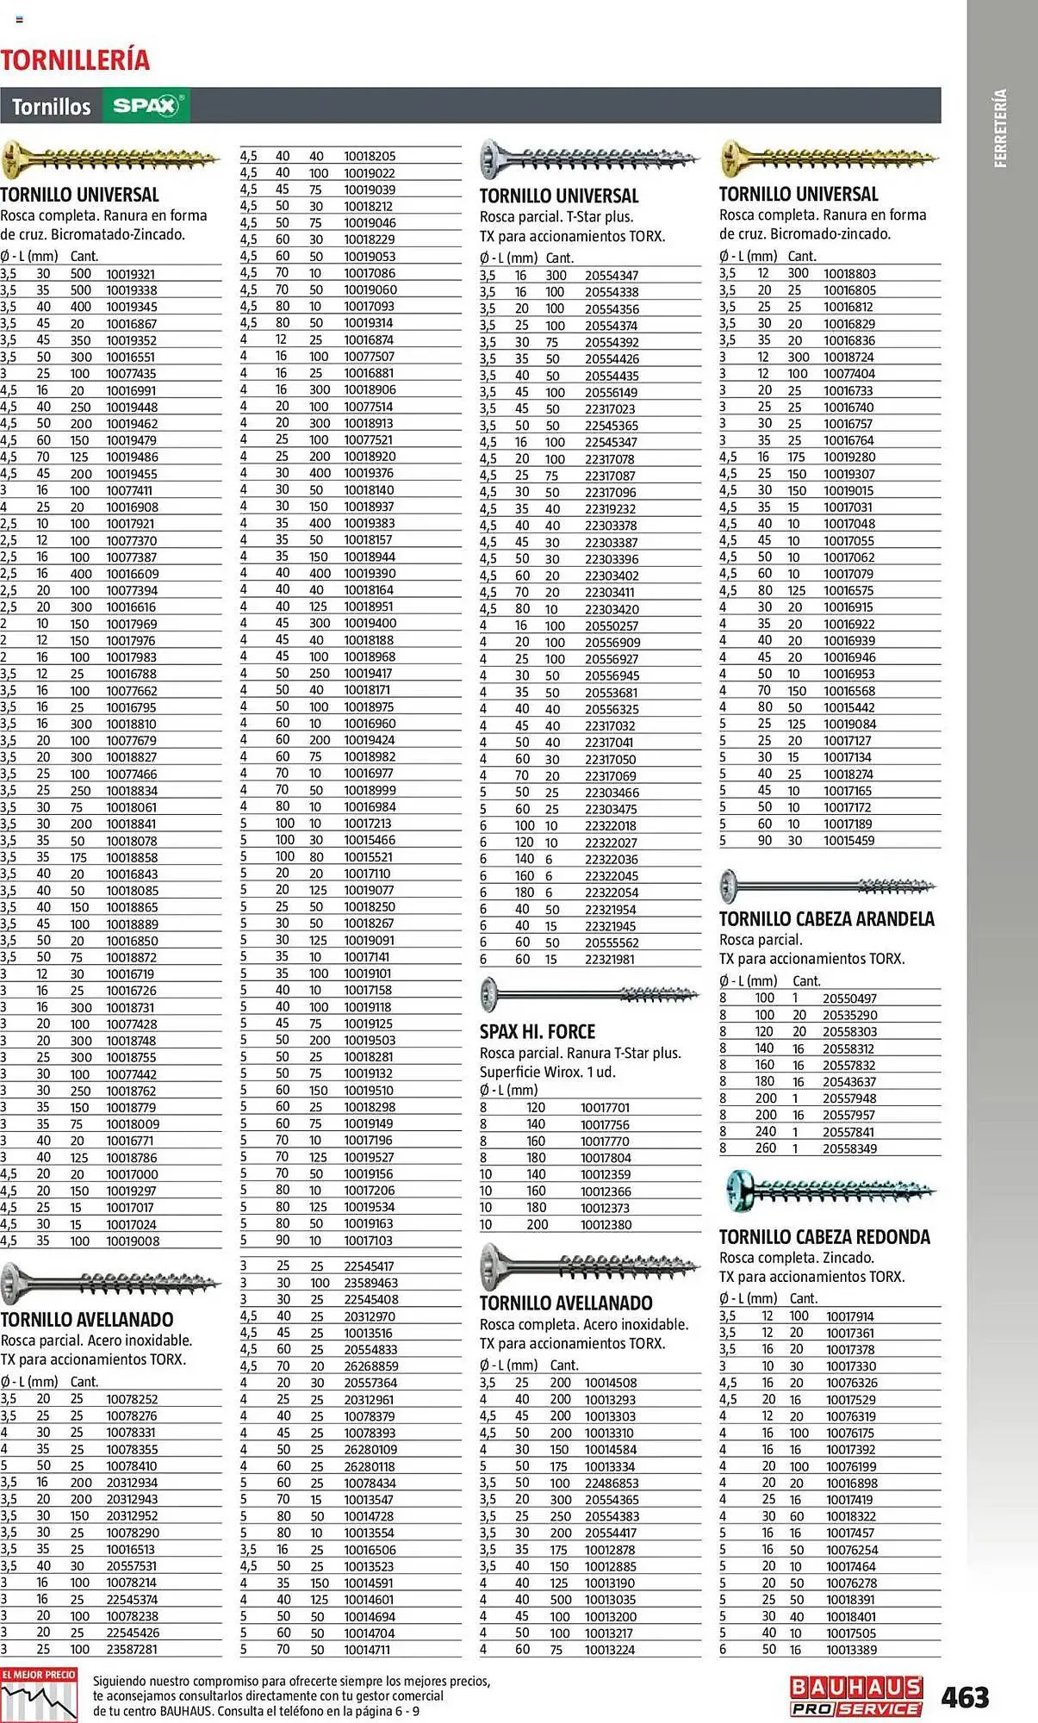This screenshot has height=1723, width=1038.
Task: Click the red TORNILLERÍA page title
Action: click(x=75, y=59)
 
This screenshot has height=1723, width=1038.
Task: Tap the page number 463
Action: click(x=965, y=1696)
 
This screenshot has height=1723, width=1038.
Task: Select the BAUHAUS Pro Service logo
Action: click(x=856, y=1696)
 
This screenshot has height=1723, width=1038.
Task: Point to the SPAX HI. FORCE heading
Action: click(x=538, y=1031)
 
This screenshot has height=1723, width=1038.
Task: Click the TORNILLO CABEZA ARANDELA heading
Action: click(x=826, y=918)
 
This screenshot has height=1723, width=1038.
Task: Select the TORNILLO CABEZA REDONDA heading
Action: click(x=824, y=1236)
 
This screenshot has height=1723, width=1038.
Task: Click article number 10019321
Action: click(x=131, y=274)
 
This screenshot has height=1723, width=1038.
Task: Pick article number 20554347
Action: click(x=612, y=276)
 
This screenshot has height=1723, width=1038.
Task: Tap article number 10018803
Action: click(x=849, y=274)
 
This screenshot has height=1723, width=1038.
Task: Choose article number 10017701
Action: click(x=605, y=1108)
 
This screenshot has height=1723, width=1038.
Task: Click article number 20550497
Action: click(x=849, y=998)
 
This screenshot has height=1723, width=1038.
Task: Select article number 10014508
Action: click(x=610, y=1383)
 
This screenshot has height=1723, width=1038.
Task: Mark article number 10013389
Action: click(x=851, y=1649)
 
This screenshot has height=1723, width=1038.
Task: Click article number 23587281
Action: click(x=132, y=1649)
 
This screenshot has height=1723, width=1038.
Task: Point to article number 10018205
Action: click(x=370, y=156)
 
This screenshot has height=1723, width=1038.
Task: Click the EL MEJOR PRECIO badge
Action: click(x=39, y=1695)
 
